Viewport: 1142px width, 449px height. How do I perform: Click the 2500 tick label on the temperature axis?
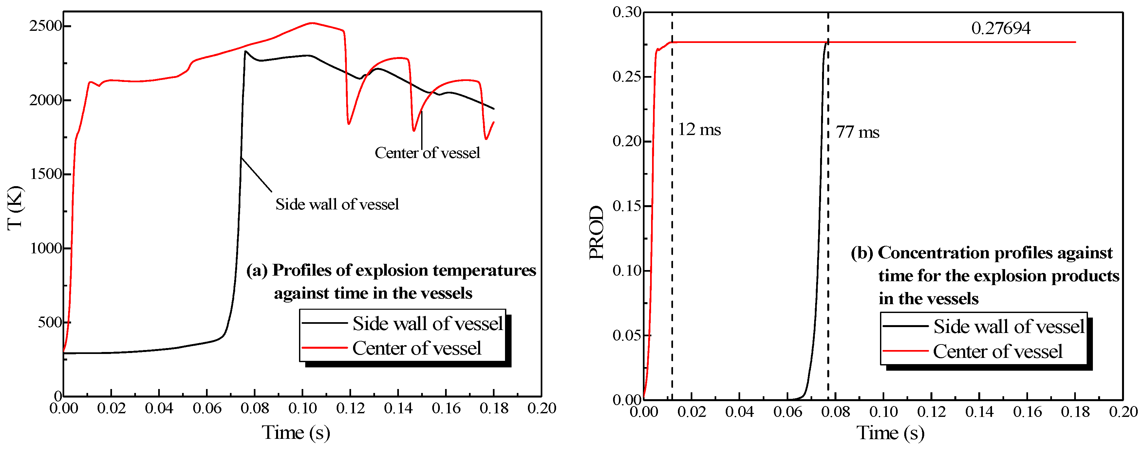pyautogui.click(x=45, y=26)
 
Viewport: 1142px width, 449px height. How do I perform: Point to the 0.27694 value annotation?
pyautogui.click(x=1001, y=29)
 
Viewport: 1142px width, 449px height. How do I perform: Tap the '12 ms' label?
pyautogui.click(x=699, y=129)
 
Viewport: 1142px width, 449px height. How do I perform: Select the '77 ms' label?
pyautogui.click(x=857, y=132)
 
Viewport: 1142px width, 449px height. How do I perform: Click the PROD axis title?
pyautogui.click(x=596, y=232)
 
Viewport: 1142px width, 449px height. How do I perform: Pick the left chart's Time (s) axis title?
pyautogui.click(x=296, y=432)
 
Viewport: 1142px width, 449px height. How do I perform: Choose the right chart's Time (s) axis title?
pyautogui.click(x=890, y=433)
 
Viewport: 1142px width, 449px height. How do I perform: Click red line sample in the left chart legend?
pyautogui.click(x=324, y=348)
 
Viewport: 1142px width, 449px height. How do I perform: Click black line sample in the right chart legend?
pyautogui.click(x=905, y=326)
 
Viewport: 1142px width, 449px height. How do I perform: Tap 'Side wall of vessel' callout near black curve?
pyautogui.click(x=337, y=204)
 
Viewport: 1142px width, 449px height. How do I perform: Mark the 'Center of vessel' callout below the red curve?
pyautogui.click(x=427, y=153)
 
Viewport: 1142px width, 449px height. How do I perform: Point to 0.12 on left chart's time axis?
pyautogui.click(x=350, y=408)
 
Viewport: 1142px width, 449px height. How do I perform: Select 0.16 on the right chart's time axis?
pyautogui.click(x=1027, y=412)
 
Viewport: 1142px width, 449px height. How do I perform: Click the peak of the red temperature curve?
pyautogui.click(x=312, y=23)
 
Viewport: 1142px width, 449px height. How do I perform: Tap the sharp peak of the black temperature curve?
pyautogui.click(x=246, y=51)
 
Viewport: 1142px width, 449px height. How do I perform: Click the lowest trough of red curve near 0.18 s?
pyautogui.click(x=486, y=139)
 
